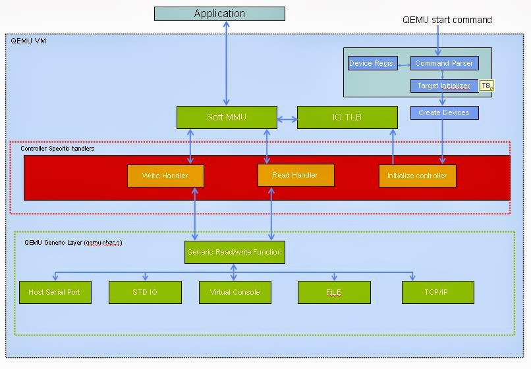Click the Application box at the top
pyautogui.click(x=219, y=14)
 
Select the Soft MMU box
pyautogui.click(x=226, y=117)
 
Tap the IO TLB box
pyautogui.click(x=347, y=117)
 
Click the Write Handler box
pyautogui.click(x=165, y=176)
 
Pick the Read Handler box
pyautogui.click(x=295, y=175)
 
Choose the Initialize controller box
pyautogui.click(x=417, y=176)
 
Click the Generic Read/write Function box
pyautogui.click(x=235, y=252)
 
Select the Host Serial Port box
pyautogui.click(x=55, y=292)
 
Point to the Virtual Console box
pyautogui.click(x=235, y=292)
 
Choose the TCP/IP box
pyautogui.click(x=437, y=292)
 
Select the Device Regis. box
pyautogui.click(x=372, y=63)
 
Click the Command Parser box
pyautogui.click(x=444, y=63)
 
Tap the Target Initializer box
pyautogui.click(x=444, y=86)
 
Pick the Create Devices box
pyautogui.click(x=444, y=112)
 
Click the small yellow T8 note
pyautogui.click(x=486, y=86)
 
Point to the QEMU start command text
pyautogui.click(x=447, y=20)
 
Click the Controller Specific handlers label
pyautogui.click(x=57, y=149)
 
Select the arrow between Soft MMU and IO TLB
pyautogui.click(x=286, y=119)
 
